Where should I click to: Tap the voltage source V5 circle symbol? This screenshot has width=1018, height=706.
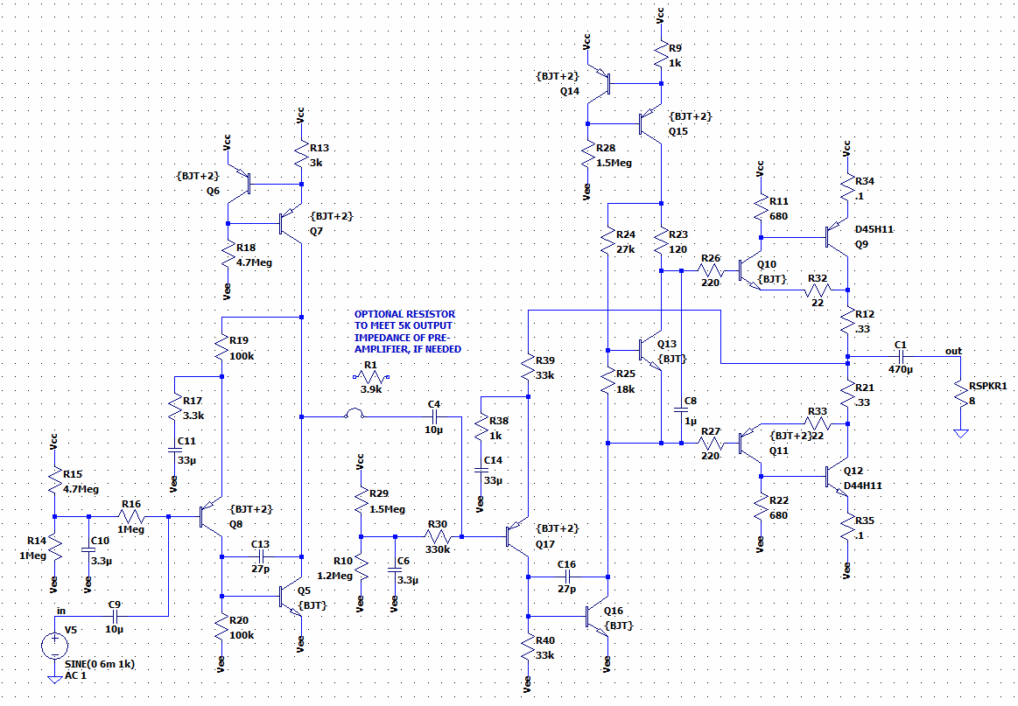tap(54, 647)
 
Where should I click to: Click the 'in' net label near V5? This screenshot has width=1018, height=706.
tap(60, 611)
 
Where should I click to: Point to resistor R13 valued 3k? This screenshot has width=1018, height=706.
tap(301, 157)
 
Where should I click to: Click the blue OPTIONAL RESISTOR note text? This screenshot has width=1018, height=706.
tap(407, 331)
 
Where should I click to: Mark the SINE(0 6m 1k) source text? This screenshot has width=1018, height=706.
tap(99, 665)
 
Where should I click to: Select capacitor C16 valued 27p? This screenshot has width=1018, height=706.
tap(566, 577)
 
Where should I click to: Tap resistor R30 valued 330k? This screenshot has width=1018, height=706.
tap(436, 535)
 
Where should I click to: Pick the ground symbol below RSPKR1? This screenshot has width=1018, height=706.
tap(961, 433)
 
